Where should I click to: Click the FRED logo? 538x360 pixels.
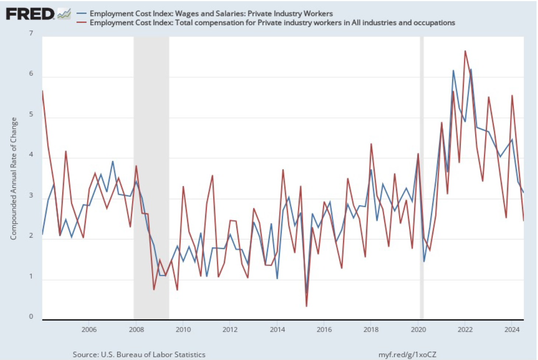(30, 14)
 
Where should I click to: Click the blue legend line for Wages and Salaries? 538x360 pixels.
(81, 14)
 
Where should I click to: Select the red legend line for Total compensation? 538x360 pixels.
(81, 23)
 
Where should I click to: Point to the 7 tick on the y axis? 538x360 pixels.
(31, 33)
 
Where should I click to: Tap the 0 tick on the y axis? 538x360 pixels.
(31, 316)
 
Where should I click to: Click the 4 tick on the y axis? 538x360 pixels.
(31, 155)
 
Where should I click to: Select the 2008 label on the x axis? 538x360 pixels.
(136, 329)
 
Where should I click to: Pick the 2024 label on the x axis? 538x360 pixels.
(512, 329)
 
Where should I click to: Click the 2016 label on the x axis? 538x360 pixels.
(324, 329)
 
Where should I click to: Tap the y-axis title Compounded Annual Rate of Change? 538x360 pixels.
(14, 179)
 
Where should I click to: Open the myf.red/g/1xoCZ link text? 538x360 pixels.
(407, 354)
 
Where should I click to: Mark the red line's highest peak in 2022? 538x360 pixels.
(465, 51)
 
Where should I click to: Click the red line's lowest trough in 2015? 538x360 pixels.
(306, 306)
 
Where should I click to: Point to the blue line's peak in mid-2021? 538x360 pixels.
(453, 70)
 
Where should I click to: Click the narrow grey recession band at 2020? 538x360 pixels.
(421, 177)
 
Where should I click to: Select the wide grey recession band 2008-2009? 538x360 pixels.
(151, 177)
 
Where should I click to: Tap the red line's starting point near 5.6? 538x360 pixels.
(43, 91)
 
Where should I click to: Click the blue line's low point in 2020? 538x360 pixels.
(424, 262)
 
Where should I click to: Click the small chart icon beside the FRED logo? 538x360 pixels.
(64, 14)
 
